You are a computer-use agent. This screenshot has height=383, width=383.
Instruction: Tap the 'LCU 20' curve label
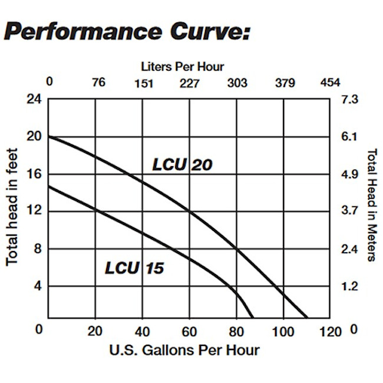[x=182, y=165]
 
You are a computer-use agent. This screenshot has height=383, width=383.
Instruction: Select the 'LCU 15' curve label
[x=134, y=269]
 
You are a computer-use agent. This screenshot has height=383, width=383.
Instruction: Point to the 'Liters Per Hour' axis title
[x=183, y=67]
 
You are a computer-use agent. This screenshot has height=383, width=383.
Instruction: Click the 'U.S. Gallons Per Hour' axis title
[x=184, y=350]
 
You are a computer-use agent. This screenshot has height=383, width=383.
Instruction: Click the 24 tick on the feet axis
[x=34, y=99]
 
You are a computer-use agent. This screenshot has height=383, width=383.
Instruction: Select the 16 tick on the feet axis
[x=34, y=174]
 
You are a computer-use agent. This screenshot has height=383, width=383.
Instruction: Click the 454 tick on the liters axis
[x=330, y=83]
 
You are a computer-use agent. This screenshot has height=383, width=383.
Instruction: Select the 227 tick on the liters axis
[x=189, y=83]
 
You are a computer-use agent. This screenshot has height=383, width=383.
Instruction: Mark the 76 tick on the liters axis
[x=98, y=82]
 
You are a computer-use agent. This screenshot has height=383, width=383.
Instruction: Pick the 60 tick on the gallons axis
[x=189, y=331]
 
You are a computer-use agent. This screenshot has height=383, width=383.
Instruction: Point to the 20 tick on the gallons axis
[x=95, y=331]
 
